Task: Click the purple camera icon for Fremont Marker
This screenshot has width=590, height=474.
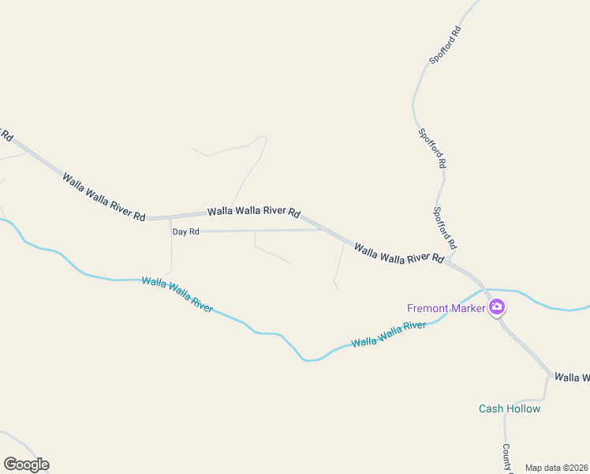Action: tap(496, 307)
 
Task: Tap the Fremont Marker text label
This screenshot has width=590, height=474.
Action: tap(446, 308)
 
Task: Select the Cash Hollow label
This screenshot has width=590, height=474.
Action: tap(510, 408)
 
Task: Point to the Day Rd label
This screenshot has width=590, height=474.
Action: tap(186, 231)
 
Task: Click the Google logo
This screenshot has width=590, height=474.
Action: tap(26, 465)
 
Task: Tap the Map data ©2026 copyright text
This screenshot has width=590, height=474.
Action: tap(556, 468)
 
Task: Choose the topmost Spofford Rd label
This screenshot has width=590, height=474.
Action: tap(444, 45)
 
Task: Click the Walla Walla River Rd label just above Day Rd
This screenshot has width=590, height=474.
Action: tap(255, 213)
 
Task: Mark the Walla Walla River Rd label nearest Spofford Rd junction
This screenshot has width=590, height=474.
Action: tap(400, 254)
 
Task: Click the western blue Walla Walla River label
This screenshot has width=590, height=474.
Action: tap(177, 294)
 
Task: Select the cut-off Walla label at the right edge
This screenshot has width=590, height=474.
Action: tap(572, 378)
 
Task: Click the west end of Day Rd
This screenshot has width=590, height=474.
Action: tap(171, 231)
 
